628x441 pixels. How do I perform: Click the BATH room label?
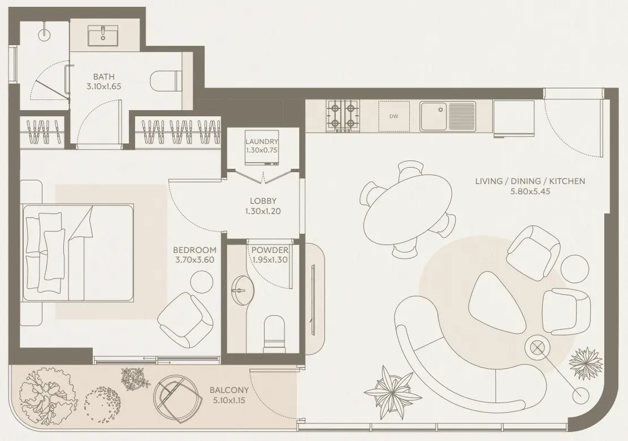(x=104, y=76)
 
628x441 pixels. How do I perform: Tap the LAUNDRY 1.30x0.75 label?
(x=262, y=146)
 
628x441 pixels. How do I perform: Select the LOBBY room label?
(x=263, y=201)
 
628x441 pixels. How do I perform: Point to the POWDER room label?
(x=270, y=250)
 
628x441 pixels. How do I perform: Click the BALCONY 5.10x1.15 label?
(x=229, y=395)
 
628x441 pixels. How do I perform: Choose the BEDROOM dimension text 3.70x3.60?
(x=194, y=260)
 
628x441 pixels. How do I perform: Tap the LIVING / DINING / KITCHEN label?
(x=530, y=181)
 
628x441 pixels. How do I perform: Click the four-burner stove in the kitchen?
(x=343, y=116)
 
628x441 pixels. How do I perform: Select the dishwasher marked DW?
(x=394, y=116)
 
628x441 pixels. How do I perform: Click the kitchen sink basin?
(x=434, y=116)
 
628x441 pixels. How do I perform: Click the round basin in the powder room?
(x=240, y=291)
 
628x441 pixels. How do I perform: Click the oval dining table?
(x=408, y=209)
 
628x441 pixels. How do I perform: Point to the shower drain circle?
(x=44, y=35)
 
